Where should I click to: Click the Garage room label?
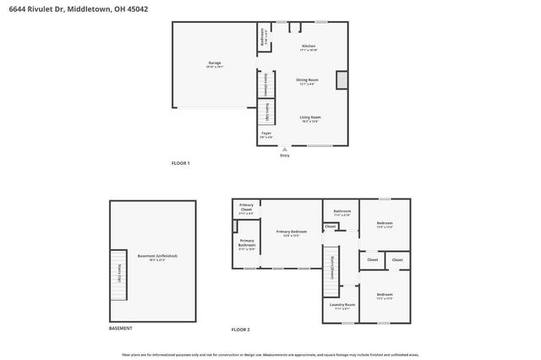215,64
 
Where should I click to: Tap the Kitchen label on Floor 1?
309,47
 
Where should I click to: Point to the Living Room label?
310,118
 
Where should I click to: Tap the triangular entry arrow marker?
285,149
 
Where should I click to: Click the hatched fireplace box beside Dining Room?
342,79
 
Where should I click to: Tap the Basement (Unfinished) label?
157,257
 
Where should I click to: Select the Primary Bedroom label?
291,232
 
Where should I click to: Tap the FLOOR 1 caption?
181,162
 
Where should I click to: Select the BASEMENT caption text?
120,328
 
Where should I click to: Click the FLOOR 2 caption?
241,329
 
